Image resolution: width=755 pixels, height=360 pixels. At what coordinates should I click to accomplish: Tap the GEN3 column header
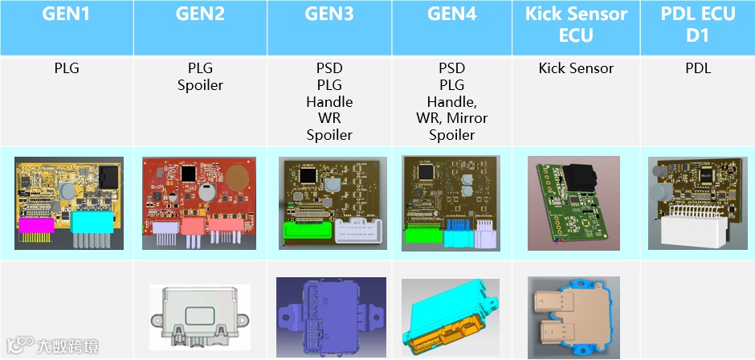329,14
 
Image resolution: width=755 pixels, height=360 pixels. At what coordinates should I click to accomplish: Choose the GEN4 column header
452,14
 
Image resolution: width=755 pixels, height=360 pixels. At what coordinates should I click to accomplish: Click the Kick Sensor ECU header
575,25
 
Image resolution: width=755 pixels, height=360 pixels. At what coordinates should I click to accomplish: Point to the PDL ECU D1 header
697,25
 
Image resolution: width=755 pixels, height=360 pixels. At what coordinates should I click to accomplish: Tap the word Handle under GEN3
329,102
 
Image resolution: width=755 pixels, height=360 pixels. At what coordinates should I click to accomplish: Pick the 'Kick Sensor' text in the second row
575,69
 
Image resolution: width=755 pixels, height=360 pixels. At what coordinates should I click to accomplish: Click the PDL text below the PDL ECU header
697,69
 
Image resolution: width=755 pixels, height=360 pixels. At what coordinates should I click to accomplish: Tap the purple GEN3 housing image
330,314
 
